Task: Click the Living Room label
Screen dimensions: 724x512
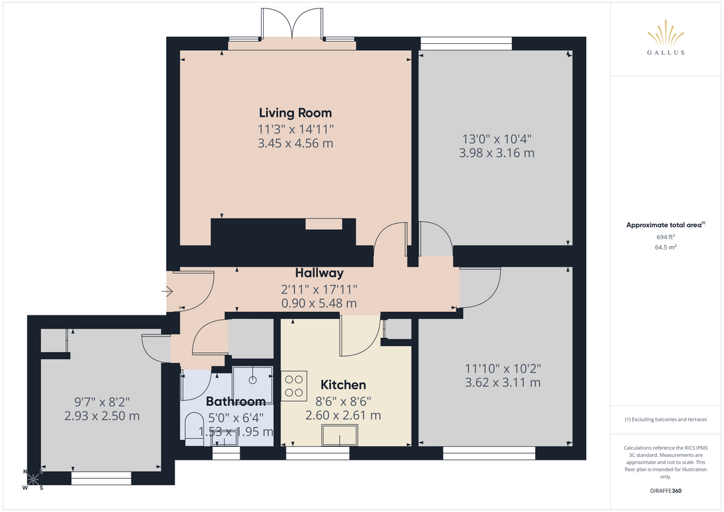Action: pos(295,113)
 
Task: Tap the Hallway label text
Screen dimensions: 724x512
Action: pos(319,273)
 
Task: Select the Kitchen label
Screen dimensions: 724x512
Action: pos(343,385)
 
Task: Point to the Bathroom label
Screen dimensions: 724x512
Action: pos(235,401)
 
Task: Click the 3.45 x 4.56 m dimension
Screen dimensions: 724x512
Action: pos(295,143)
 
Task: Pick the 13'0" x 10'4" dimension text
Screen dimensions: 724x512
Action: pos(497,139)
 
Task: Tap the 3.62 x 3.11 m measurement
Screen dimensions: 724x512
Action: pos(503,383)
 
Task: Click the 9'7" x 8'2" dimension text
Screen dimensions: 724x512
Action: pos(102,402)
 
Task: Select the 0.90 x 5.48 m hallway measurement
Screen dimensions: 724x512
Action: pos(319,303)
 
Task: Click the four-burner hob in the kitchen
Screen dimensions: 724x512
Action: pos(294,386)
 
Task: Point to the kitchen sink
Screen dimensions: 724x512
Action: pos(340,436)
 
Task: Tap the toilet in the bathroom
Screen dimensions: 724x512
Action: pos(194,429)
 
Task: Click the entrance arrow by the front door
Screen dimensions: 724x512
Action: pos(167,291)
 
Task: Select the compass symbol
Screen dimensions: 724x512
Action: pos(33,479)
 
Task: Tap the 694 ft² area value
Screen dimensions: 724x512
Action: pos(665,237)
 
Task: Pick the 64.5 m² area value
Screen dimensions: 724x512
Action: pos(665,247)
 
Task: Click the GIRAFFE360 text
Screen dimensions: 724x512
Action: pos(665,491)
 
